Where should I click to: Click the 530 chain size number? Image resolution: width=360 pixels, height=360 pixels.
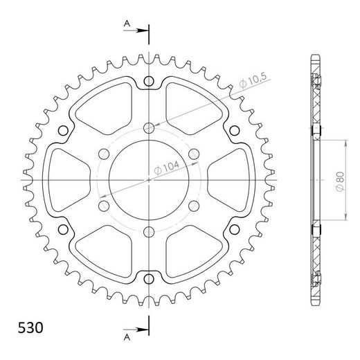click(x=30, y=327)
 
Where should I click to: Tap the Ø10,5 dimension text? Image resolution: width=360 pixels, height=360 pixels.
click(x=253, y=80)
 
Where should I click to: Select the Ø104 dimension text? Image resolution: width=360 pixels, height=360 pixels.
click(x=166, y=168)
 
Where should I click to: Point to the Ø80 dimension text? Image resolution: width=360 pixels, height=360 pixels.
click(x=340, y=181)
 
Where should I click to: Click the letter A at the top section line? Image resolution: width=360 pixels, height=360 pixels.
click(x=127, y=23)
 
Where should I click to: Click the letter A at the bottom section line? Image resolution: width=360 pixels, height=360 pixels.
click(x=127, y=338)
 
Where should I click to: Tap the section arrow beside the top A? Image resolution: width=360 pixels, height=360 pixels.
click(x=136, y=30)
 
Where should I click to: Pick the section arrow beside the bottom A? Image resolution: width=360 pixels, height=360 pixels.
click(x=136, y=330)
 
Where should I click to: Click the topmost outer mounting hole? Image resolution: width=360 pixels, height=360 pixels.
click(x=149, y=81)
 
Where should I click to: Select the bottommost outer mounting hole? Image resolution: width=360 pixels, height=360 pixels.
click(x=149, y=279)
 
